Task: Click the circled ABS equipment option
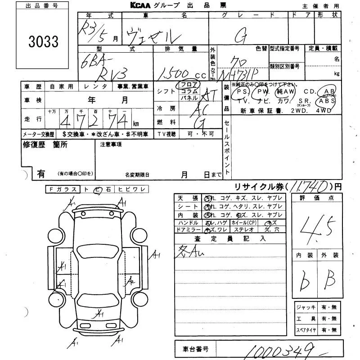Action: click(327, 102)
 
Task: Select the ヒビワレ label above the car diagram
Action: click(131, 190)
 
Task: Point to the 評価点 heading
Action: click(318, 198)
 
